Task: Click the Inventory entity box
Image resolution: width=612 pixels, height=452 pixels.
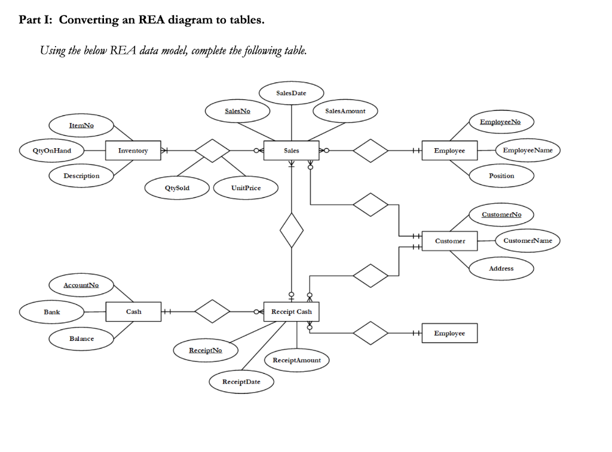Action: (x=133, y=151)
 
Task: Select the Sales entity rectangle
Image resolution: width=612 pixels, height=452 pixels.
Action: (x=292, y=151)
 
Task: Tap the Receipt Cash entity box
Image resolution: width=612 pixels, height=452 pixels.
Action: (x=292, y=311)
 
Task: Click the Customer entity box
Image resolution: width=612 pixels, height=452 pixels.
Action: (x=449, y=241)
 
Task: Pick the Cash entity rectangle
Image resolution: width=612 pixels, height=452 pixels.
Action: (x=133, y=311)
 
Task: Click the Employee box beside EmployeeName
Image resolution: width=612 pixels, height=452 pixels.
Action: (x=449, y=151)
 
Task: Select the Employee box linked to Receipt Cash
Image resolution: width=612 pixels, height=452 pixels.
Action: (x=449, y=333)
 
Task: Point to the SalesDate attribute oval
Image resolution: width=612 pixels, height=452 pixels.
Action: (x=292, y=93)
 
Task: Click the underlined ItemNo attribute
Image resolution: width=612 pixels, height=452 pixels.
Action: (x=82, y=126)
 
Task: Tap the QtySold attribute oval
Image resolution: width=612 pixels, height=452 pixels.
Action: (x=177, y=188)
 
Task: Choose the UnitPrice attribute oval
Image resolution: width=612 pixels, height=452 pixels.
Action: (x=246, y=188)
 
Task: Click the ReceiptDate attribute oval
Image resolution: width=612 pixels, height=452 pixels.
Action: (x=241, y=381)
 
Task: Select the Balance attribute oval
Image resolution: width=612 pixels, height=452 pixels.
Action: (x=82, y=338)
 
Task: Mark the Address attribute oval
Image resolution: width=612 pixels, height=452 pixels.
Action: (x=501, y=268)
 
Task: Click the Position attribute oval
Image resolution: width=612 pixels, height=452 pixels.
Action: (x=501, y=176)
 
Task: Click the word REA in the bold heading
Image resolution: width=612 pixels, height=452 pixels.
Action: (x=152, y=20)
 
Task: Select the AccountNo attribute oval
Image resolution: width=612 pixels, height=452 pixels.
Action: (x=82, y=286)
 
